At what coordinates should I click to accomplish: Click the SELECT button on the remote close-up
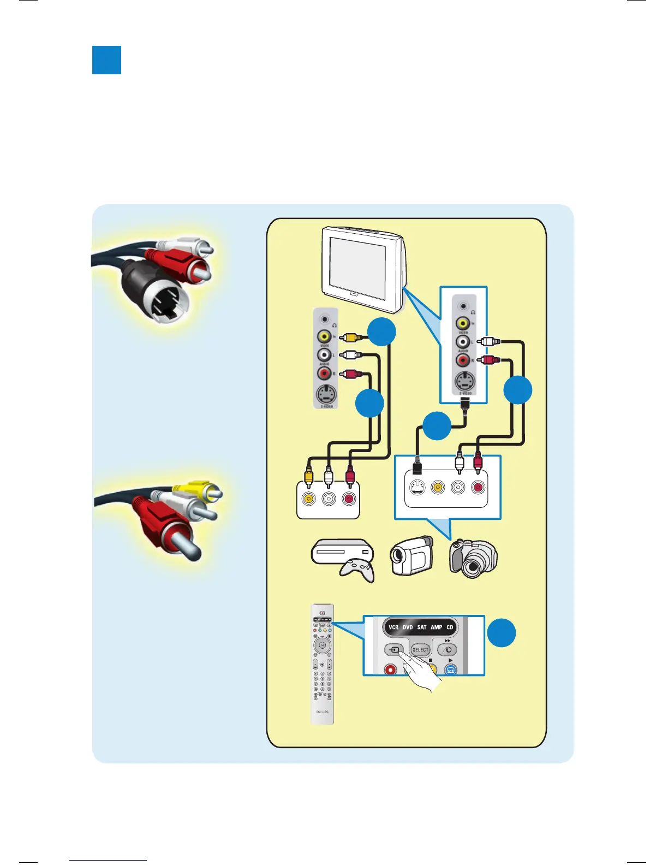click(x=420, y=649)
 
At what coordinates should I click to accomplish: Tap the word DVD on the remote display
click(x=408, y=627)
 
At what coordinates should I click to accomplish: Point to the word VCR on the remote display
click(x=393, y=627)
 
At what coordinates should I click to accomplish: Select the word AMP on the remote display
click(x=436, y=627)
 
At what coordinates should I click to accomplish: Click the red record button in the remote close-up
click(x=390, y=669)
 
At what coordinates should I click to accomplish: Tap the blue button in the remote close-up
click(x=450, y=670)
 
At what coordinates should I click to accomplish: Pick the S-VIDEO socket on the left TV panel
click(x=326, y=394)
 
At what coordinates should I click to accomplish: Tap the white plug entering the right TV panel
click(x=489, y=342)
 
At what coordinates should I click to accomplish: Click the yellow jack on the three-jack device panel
click(x=309, y=499)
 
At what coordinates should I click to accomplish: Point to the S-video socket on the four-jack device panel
click(x=417, y=487)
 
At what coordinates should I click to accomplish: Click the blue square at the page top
click(x=106, y=60)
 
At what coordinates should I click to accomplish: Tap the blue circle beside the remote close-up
click(x=501, y=633)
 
